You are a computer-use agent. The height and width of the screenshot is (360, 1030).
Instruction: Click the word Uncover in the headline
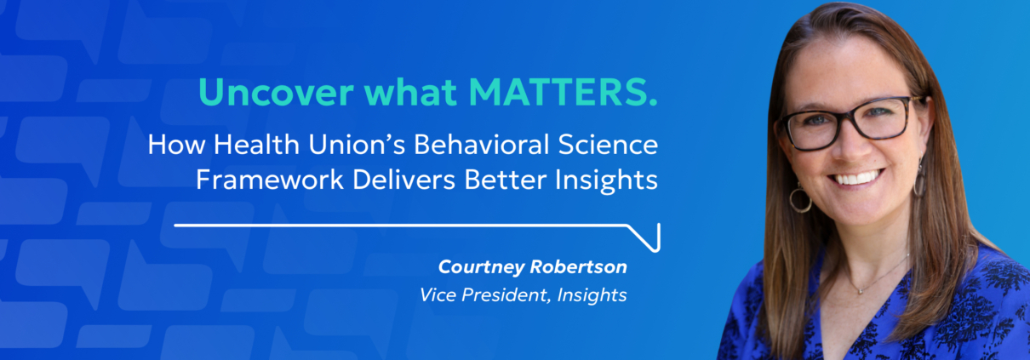277,92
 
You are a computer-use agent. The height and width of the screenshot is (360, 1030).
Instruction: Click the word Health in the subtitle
256,145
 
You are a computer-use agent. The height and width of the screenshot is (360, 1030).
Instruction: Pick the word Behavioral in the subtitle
482,145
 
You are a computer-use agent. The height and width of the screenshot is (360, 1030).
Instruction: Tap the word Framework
270,180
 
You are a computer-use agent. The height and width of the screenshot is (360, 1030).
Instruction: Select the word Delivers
403,180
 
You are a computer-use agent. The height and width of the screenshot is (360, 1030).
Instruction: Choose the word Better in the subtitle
505,180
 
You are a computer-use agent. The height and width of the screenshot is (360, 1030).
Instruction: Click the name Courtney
481,267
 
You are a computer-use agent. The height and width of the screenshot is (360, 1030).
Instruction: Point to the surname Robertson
580,266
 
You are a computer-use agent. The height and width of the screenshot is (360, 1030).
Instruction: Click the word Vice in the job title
438,294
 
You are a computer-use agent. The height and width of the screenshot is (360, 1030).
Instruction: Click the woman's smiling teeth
856,179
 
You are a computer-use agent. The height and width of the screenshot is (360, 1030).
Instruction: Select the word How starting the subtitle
176,145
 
